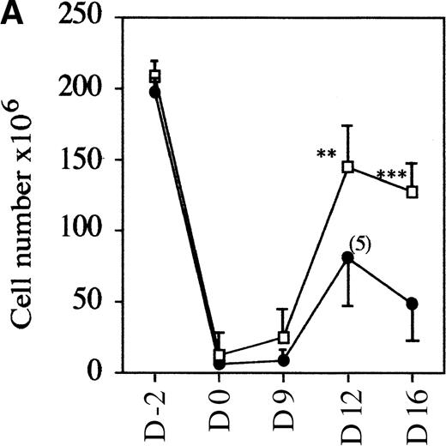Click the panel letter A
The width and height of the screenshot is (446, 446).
click(12, 15)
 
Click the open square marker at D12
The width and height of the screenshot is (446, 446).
click(348, 166)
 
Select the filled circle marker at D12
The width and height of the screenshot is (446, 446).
click(347, 257)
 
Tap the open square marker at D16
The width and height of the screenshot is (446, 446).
click(413, 192)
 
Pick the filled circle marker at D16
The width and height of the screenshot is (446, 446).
click(413, 304)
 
